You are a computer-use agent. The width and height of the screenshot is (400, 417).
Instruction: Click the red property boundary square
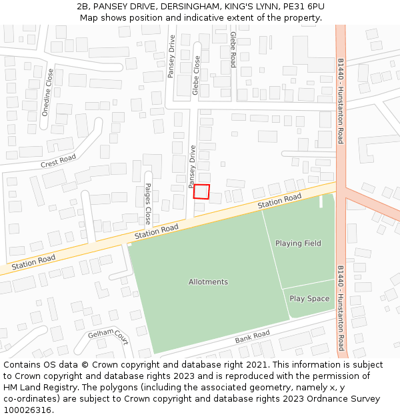[201, 191]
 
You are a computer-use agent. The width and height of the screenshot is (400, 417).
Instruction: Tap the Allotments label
[208, 282]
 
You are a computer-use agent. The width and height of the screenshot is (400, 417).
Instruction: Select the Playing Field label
[298, 244]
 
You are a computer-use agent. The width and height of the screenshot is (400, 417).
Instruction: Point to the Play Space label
[309, 299]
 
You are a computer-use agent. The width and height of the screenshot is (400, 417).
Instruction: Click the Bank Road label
[253, 338]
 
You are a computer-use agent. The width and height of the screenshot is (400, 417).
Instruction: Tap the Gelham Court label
[107, 338]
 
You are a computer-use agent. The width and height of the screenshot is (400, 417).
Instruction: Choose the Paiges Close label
[148, 203]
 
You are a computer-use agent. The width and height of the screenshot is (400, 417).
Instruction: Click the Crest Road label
[59, 161]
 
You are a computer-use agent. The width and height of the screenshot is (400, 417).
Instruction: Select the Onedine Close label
[47, 92]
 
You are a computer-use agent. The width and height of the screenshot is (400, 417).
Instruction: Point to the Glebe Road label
[233, 49]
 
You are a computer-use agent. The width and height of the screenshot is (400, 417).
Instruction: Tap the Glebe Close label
[196, 75]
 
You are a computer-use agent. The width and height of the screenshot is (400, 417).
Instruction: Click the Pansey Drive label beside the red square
[191, 167]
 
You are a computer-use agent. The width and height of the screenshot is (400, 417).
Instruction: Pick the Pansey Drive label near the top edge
[171, 57]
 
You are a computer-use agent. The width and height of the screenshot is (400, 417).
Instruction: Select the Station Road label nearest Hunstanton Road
[280, 201]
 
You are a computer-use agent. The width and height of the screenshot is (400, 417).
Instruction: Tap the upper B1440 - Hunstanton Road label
[341, 101]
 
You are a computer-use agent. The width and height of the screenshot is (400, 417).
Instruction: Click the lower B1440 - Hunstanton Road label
[341, 308]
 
